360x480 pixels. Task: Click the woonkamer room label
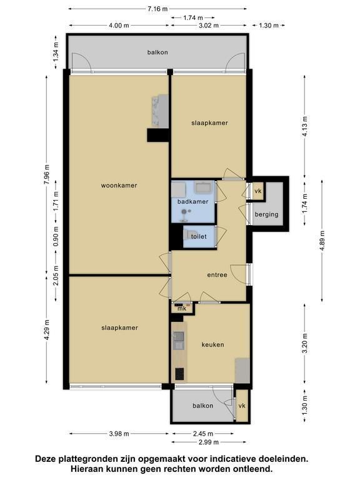pos(119,185)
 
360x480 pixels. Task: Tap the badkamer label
pos(193,201)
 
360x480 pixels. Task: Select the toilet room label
pos(199,236)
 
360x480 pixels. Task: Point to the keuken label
pos(212,344)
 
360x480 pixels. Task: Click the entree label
pos(217,275)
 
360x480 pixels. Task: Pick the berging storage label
pos(267,214)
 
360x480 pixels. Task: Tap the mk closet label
pos(182,309)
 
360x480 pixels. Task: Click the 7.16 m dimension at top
pos(157,9)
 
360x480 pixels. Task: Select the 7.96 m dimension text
pos(46,174)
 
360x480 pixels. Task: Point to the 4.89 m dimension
pos(322,240)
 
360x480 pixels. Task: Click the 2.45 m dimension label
pos(203,434)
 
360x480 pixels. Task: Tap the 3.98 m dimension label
pos(119,434)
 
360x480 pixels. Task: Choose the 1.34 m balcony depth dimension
pos(56,52)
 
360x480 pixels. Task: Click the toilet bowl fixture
pos(187,236)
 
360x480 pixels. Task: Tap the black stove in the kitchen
pos(179,374)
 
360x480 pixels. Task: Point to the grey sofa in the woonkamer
pos(160,111)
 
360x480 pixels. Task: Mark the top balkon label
pos(157,52)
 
